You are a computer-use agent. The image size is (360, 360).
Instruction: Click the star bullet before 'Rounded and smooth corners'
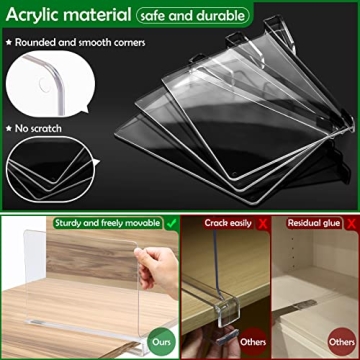click(10, 42)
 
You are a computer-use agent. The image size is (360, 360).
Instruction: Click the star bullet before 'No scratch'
click(10, 128)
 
